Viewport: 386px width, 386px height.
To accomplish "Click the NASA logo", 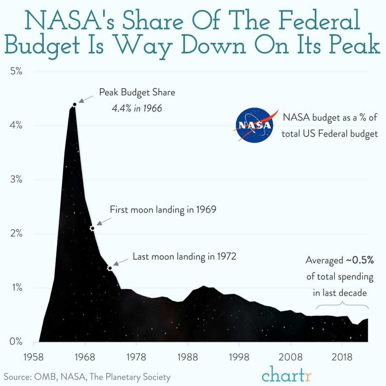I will pos(254,125).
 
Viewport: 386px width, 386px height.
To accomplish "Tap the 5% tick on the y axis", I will pos(16,71).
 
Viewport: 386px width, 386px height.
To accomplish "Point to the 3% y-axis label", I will pos(16,179).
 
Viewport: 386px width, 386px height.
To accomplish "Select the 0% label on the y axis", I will pos(16,342).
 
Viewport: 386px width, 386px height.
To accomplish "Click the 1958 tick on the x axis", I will pos(34,357).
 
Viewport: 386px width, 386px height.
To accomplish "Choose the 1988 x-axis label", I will pos(188,357).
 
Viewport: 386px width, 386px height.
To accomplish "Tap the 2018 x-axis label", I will pos(342,357).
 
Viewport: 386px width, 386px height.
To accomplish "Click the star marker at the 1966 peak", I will pos(75,104).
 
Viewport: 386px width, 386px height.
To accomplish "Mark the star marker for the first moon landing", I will pos(92,228).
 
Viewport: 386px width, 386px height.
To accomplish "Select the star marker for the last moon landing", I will pos(110,268).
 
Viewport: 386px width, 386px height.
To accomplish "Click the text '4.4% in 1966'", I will pos(137,108).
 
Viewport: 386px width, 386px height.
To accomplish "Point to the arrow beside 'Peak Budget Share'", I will pos(85,99).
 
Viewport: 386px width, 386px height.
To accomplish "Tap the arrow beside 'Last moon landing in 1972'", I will pos(121,262).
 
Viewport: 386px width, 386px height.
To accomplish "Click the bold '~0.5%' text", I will pos(360,260).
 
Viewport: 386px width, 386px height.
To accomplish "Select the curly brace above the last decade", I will pos(342,304).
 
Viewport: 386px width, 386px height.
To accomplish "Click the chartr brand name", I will pos(286,375).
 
